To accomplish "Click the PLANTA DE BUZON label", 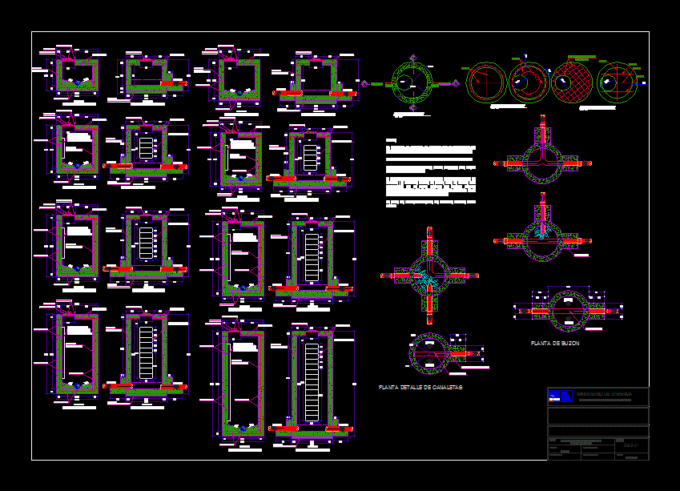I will tap(555, 344).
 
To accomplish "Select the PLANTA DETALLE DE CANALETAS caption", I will tap(420, 388).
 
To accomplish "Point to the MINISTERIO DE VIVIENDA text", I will tap(606, 394).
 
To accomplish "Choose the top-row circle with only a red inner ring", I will tap(487, 82).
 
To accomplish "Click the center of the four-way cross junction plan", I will tap(429, 276).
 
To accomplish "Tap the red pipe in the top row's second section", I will tap(171, 82).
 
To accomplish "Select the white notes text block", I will tap(431, 176).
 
